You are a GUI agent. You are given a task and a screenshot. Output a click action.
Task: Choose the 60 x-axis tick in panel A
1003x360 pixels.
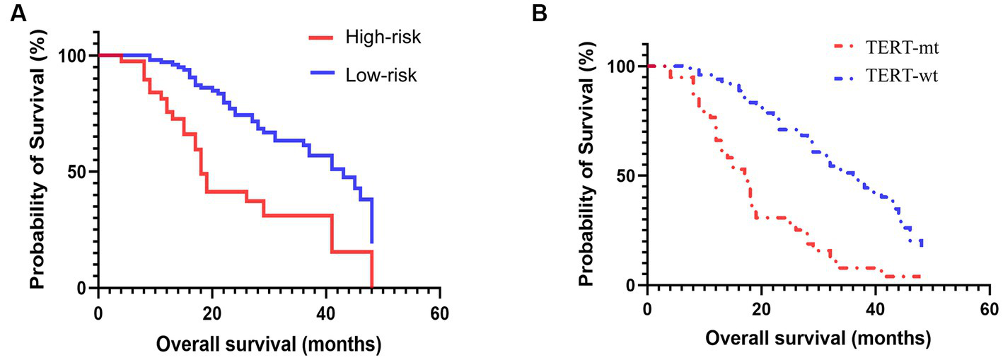[x=440, y=311]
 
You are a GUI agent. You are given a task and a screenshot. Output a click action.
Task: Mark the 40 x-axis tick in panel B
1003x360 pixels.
[x=875, y=309]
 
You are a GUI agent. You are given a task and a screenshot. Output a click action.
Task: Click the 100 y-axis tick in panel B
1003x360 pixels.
[x=621, y=66]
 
